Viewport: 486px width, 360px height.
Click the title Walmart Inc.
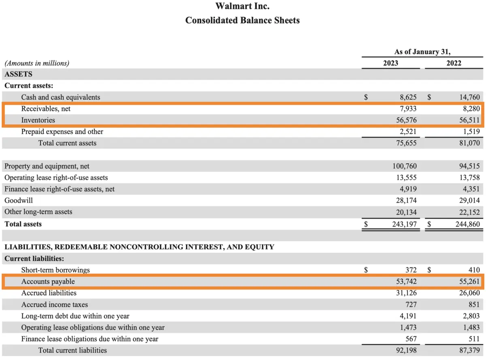point(242,6)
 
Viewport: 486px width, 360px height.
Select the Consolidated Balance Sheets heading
point(242,20)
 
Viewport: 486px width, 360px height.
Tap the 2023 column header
point(390,63)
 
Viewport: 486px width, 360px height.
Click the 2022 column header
point(454,63)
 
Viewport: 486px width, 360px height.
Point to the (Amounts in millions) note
point(37,63)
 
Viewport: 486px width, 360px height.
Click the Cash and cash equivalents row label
point(60,97)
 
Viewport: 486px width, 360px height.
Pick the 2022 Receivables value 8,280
point(469,109)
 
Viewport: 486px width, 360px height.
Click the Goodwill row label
point(19,200)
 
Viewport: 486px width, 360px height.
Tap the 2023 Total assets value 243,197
point(402,224)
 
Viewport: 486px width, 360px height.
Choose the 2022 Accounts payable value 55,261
point(467,281)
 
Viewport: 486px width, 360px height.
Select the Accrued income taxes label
point(54,305)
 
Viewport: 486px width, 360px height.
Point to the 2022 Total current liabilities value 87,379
point(467,350)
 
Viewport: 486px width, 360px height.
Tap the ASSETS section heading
point(19,75)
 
